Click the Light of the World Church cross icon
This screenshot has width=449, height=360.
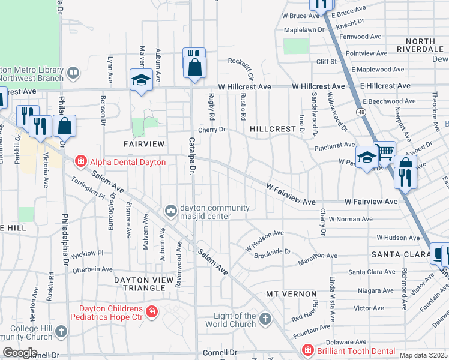[266, 319]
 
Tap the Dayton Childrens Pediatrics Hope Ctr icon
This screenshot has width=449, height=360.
[152, 311]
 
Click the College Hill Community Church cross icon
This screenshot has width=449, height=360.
[61, 331]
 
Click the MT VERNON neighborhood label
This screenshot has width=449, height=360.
[292, 294]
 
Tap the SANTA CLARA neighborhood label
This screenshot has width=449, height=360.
[398, 254]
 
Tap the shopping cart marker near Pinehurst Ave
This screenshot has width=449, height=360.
[385, 151]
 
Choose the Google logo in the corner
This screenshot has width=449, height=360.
[20, 353]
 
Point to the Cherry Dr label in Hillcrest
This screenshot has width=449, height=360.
[212, 129]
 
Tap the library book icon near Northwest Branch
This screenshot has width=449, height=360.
[73, 73]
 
